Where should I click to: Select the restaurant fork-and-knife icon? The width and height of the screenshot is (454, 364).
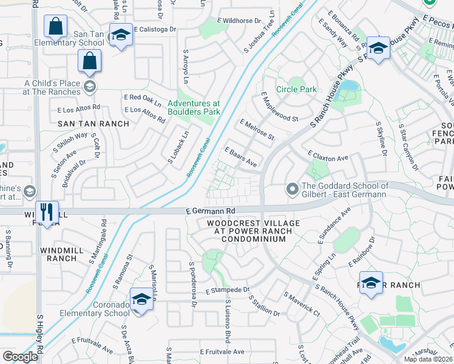point(47,212)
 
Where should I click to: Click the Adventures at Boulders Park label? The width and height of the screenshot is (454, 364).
point(194,108)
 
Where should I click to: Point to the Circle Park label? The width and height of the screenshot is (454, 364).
point(296,90)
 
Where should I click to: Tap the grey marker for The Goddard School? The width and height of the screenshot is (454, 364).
point(293,190)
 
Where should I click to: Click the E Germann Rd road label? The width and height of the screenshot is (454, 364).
point(210,211)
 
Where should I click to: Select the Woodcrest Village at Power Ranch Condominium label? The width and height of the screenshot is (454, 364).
point(245,231)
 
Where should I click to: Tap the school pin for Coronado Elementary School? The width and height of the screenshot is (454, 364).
point(141,300)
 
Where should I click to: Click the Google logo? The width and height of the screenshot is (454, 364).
point(20,357)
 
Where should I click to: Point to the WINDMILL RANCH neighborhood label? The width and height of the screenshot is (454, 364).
point(59,254)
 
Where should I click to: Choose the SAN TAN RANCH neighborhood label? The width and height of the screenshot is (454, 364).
point(93,124)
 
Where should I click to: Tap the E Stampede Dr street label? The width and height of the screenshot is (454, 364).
point(228,291)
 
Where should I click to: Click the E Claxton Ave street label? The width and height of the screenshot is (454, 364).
point(328,156)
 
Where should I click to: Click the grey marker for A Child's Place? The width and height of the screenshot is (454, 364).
point(90,87)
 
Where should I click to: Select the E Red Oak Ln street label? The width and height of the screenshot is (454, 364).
point(143,100)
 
